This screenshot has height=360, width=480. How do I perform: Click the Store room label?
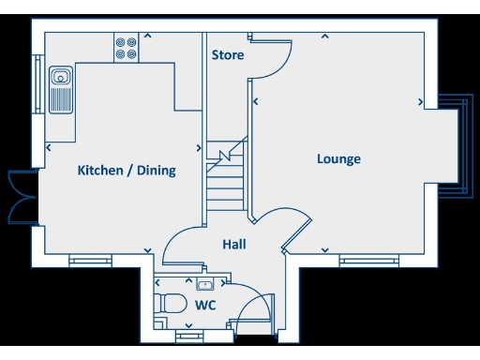[x=228, y=55]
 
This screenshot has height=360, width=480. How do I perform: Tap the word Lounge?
[x=338, y=159]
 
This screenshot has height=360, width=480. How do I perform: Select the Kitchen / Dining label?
[x=127, y=171]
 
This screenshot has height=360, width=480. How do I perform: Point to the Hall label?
[x=234, y=244]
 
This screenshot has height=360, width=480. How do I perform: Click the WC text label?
[x=206, y=306]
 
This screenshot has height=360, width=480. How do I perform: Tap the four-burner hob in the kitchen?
[x=126, y=49]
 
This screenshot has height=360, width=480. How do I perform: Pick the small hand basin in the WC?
[x=205, y=284]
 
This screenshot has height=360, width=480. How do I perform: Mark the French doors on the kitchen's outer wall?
[x=19, y=198]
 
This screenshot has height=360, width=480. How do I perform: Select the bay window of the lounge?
[x=457, y=146]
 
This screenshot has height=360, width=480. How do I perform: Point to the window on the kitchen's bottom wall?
[x=90, y=261]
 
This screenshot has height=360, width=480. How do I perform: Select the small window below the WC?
[x=188, y=334]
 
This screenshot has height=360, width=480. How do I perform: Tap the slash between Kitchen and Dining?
[x=131, y=171]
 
